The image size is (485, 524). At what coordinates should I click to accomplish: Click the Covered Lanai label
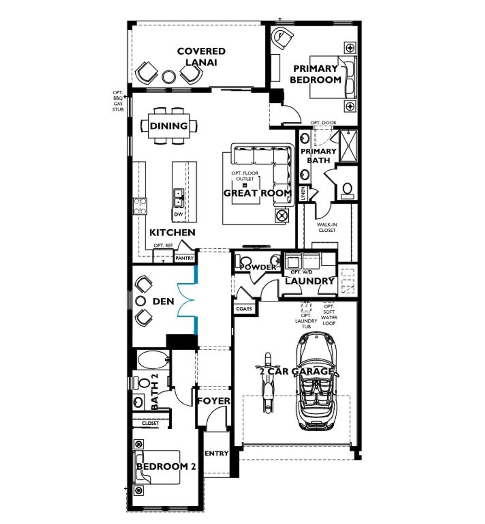point(201,56)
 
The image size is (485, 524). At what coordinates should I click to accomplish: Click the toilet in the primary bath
point(347,190)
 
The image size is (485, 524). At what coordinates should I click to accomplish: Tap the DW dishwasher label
point(178,214)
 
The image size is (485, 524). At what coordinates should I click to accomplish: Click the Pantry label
point(185,258)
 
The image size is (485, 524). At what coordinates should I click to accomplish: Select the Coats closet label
point(244,309)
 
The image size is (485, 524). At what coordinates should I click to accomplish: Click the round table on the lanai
point(169,77)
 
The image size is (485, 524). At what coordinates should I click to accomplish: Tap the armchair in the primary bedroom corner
point(282,38)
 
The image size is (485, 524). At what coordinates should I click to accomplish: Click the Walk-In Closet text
point(327,227)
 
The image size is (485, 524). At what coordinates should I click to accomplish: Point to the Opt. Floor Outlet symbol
point(244,185)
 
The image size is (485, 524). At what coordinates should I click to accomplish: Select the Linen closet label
point(303,194)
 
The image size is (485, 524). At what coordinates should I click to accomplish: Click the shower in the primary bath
point(348,146)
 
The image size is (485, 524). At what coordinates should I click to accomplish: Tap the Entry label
point(216,453)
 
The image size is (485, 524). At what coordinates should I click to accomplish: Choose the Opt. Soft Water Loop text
point(329,315)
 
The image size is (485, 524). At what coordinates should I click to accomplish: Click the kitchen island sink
point(178,198)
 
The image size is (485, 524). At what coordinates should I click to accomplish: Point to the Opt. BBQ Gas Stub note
point(118,101)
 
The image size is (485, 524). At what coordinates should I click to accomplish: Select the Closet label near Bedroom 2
point(150,423)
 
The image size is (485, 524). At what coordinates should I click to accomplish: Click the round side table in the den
point(141,301)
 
